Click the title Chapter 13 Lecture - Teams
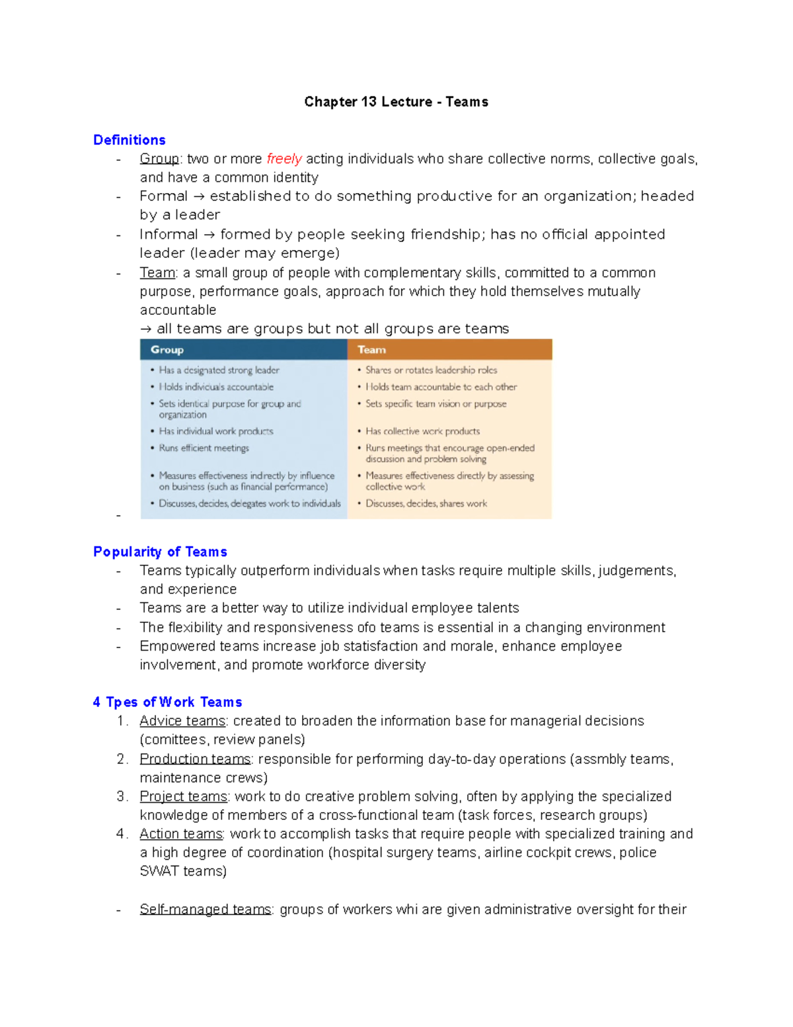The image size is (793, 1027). coord(396,102)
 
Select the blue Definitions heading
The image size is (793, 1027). coord(130,140)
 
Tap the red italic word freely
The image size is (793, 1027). coord(284,159)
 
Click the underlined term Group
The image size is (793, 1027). coord(159,159)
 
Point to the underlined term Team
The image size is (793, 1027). coord(157,272)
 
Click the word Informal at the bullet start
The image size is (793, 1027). coord(169,234)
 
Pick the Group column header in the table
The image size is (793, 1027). coord(167,350)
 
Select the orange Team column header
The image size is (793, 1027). coord(371,350)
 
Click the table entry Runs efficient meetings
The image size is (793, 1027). coord(204,448)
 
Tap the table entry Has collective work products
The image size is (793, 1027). coord(422,431)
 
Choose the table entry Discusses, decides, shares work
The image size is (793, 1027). coord(426,503)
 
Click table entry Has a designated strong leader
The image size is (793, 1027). coord(219,370)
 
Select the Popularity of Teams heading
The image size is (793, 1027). coord(160,552)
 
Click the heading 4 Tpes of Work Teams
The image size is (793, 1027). coord(167,702)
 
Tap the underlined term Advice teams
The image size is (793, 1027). coord(182,721)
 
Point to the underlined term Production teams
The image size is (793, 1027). coord(195,759)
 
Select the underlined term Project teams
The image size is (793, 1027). coord(183,796)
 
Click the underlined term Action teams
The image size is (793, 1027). coord(181,834)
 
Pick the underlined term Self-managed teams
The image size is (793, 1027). coord(206,909)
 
